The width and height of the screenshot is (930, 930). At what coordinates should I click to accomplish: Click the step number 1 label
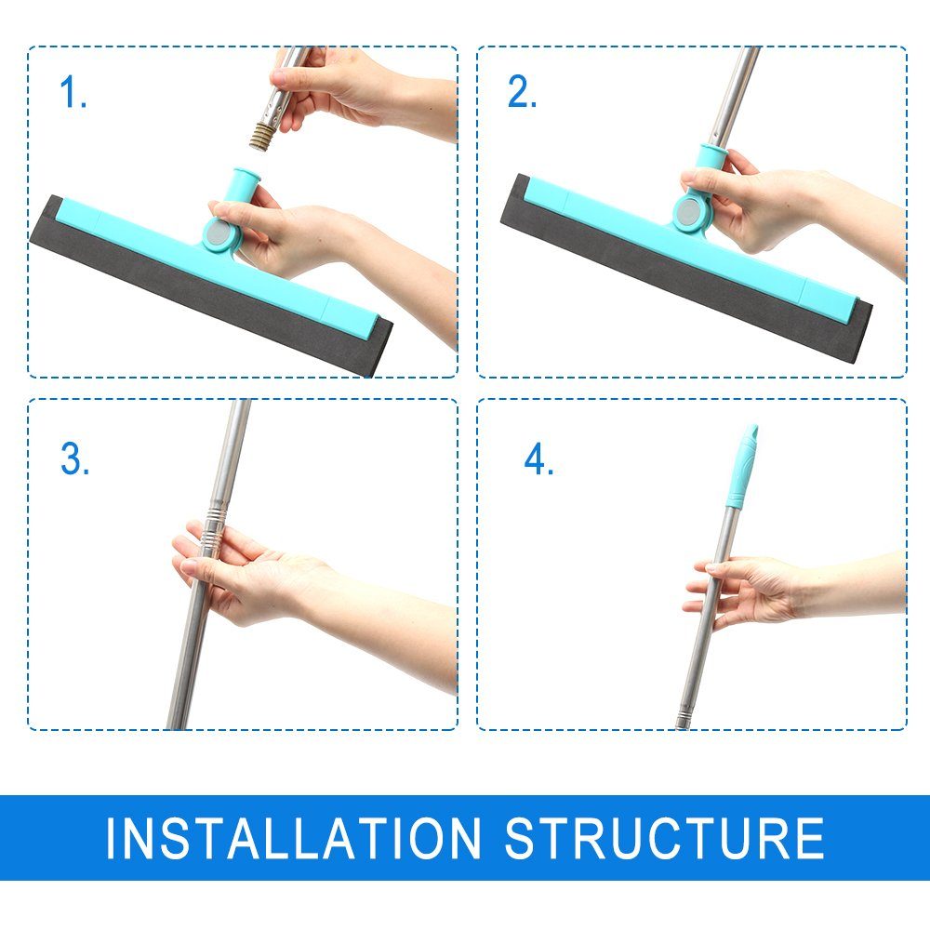(x=73, y=92)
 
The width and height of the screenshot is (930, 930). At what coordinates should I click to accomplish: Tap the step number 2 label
(x=522, y=92)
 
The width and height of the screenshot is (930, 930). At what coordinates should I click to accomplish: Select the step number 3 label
(x=74, y=458)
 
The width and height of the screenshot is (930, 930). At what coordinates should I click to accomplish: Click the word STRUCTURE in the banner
(x=664, y=838)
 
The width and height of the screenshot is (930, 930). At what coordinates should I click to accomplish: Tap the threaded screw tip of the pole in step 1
(x=260, y=137)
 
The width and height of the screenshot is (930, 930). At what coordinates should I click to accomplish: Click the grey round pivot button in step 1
(x=218, y=233)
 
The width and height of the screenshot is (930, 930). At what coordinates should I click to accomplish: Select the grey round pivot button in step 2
(x=688, y=210)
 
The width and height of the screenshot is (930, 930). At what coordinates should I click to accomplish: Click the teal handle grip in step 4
(x=742, y=467)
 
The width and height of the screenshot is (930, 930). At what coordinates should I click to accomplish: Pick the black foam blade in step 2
(x=682, y=268)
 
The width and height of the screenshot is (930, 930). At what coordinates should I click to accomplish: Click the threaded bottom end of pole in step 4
(x=683, y=719)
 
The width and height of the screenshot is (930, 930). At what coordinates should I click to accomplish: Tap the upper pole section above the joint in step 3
(x=232, y=453)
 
